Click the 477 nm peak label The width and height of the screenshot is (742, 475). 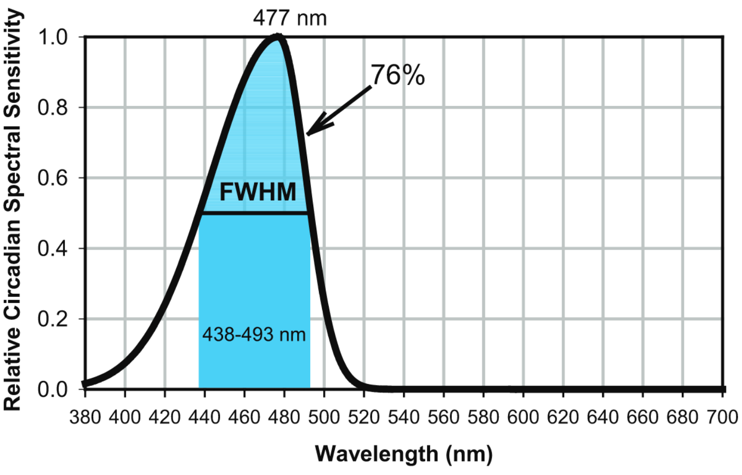coord(290,18)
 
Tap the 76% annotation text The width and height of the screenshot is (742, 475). coord(398,76)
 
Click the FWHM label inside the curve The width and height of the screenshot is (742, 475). coord(258,192)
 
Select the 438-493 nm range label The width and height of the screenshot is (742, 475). coord(254,335)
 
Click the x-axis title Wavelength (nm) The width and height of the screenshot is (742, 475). coord(403,454)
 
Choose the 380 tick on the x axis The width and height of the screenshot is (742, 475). coord(85,417)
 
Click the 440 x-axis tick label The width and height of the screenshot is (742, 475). coord(205,417)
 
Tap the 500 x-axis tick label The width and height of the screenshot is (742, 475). coord(324,417)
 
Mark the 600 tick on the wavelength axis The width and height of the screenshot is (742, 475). coord(523,417)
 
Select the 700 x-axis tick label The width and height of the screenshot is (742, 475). coord(722,417)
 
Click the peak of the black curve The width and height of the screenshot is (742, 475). coord(278,37)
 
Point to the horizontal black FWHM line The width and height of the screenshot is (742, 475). coord(255,213)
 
